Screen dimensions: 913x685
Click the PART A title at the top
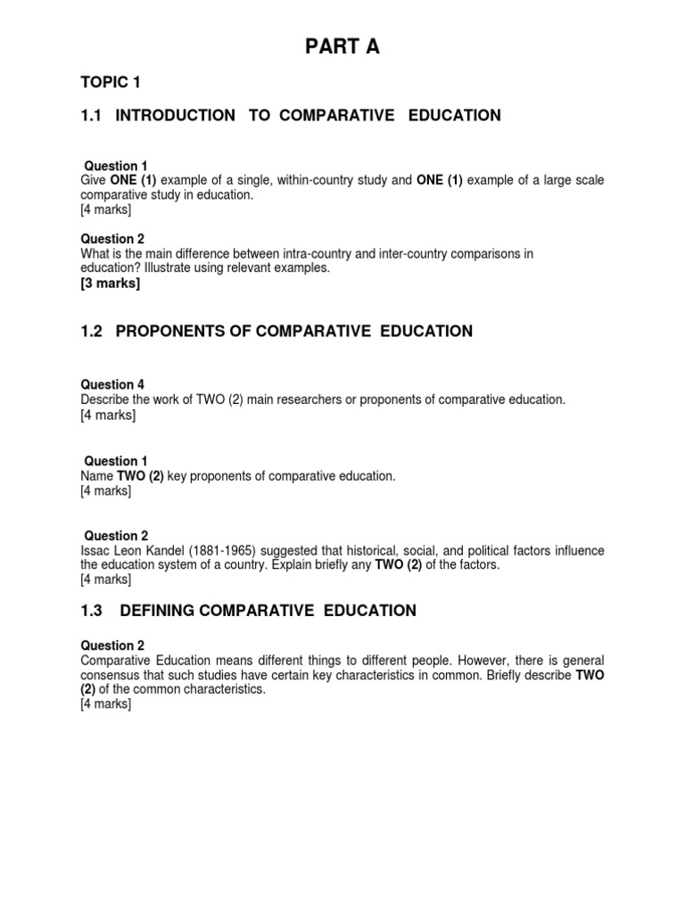pos(343,47)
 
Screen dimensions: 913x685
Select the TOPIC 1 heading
pos(111,83)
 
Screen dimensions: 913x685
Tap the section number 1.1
pos(92,115)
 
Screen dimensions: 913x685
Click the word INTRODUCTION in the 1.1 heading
pos(176,115)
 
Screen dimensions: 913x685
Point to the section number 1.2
pos(92,332)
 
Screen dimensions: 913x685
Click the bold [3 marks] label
pos(111,284)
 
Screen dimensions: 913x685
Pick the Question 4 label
pos(112,385)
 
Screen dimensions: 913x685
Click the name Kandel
pos(177,551)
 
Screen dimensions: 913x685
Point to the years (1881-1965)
pos(237,551)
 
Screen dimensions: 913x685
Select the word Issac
pos(95,551)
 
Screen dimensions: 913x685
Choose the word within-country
pos(318,181)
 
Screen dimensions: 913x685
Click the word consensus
pos(110,675)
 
